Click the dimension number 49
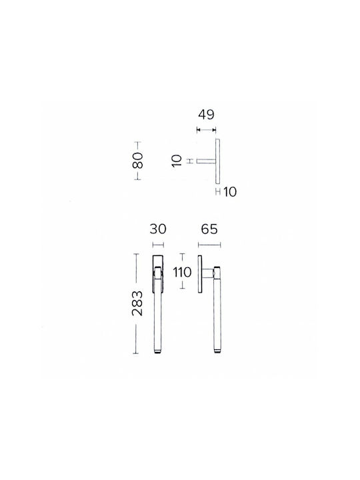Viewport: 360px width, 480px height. (206, 115)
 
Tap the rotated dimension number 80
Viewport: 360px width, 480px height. (138, 161)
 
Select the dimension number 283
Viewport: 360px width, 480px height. (137, 303)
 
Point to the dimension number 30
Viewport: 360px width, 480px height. (158, 229)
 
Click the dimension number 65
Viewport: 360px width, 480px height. (209, 229)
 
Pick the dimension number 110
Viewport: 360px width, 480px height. (182, 272)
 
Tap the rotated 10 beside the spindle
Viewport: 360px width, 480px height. (177, 161)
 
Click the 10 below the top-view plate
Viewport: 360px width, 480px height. (230, 192)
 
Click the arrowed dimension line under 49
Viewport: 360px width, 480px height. (206, 130)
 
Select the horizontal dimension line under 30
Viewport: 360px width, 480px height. (158, 245)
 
